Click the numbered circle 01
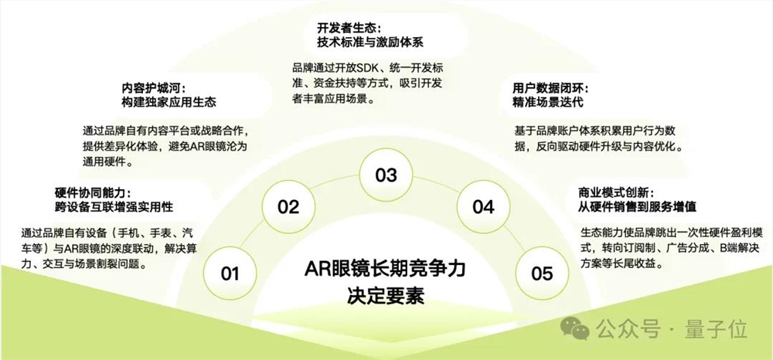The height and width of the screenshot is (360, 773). pos(230,273)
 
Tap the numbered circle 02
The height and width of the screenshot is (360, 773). pos(288,206)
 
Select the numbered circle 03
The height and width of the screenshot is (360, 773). pos(386,175)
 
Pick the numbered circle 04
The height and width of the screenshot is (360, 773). pos(483,206)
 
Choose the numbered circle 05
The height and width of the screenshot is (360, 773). pos(542,273)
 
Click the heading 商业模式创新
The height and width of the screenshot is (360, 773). pos(617,192)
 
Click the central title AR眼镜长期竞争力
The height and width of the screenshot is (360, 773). pos(386,270)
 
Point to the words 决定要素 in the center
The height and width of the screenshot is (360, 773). pos(386,296)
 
